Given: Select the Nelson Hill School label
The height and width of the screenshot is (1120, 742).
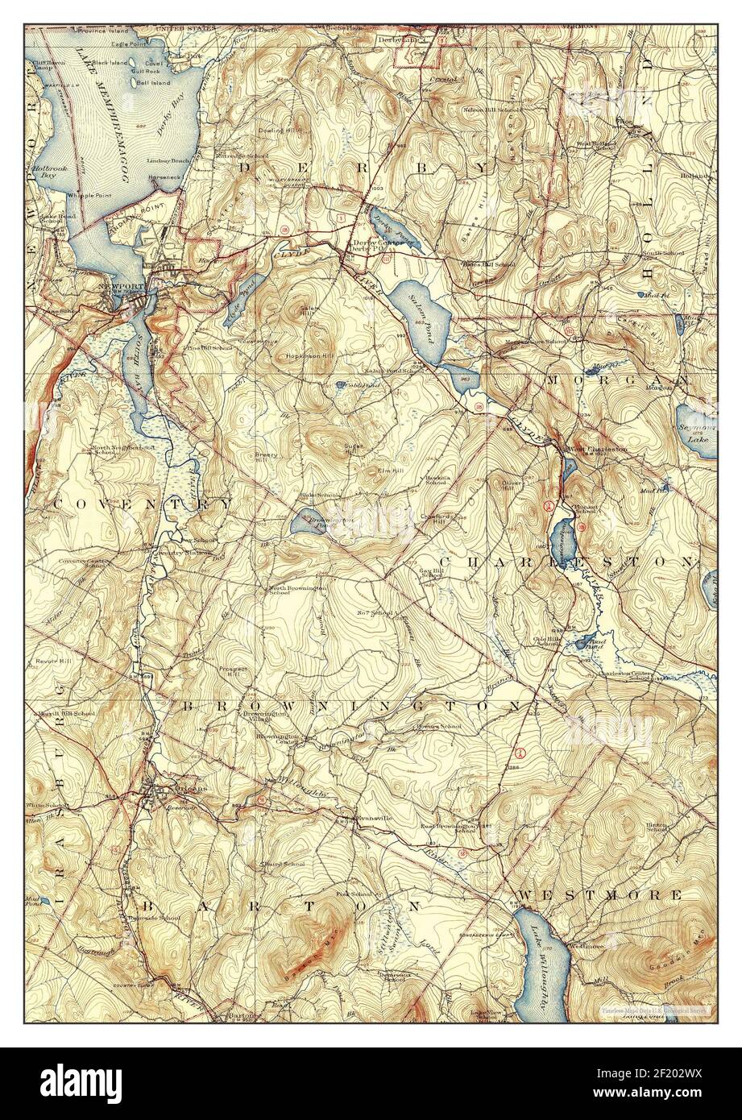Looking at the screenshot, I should [x=489, y=110].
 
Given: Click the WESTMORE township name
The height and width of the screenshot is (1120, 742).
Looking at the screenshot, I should [x=599, y=895].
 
